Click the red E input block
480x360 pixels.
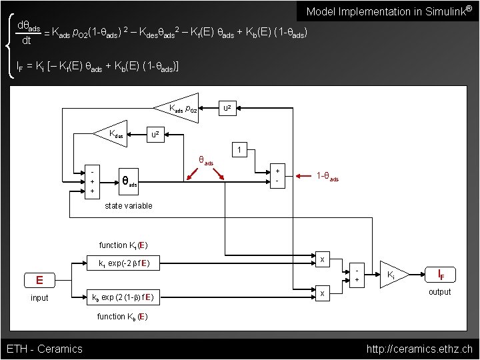39,279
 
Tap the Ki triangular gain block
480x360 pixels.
393,273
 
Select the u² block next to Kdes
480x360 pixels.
155,135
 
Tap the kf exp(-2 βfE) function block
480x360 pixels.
124,263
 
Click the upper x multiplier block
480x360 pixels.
322,259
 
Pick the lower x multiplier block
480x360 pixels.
322,293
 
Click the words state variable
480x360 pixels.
129,205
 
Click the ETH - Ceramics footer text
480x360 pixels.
44,349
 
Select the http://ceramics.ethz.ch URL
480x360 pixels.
419,349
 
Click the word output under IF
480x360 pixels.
439,292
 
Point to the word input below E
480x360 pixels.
39,297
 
